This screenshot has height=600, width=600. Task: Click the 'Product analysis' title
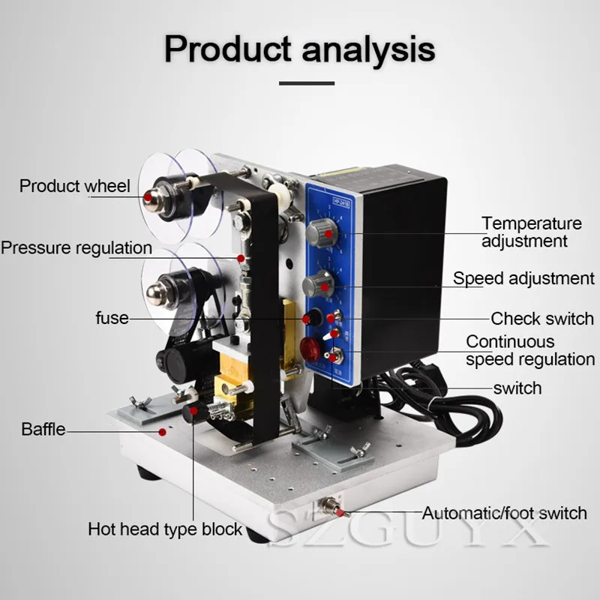click(299, 48)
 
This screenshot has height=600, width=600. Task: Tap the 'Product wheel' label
click(74, 186)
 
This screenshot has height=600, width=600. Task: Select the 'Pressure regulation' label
click(76, 247)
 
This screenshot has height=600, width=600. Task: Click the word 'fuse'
click(112, 318)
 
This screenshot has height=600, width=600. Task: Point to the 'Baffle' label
click(43, 430)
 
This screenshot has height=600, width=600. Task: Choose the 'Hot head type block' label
click(165, 529)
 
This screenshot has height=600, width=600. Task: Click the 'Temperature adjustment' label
click(532, 232)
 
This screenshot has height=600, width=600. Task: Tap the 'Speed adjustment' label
click(523, 278)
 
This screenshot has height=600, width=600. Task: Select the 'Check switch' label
click(542, 319)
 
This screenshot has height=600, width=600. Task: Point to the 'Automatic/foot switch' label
click(504, 514)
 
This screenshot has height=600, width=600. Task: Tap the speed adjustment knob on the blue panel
click(317, 284)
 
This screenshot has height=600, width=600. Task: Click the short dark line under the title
click(299, 82)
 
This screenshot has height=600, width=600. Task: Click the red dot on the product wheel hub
click(149, 195)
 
